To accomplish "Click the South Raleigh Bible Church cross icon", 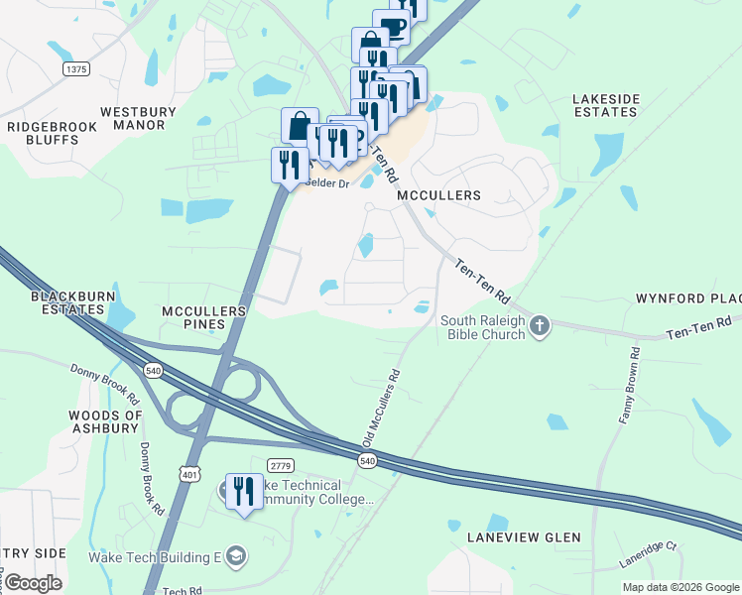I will tap(539, 325).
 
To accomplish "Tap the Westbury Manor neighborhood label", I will tap(138, 118).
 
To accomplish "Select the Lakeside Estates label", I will tap(605, 105).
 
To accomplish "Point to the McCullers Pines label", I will tap(203, 317).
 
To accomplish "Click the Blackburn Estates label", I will tap(67, 302).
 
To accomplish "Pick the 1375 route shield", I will tap(75, 68).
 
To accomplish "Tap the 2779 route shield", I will tap(282, 465).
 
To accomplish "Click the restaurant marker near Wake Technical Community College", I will tap(243, 492).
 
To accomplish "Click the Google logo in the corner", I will tap(33, 583).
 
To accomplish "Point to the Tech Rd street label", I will tap(183, 591).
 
